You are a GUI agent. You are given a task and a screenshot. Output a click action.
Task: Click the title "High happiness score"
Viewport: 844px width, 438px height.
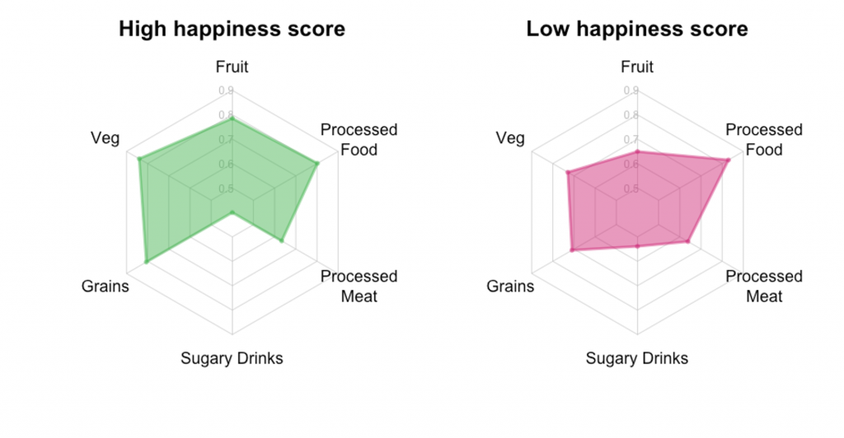tap(232, 30)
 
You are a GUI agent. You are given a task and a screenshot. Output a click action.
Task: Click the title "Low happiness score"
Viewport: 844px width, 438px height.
tap(637, 30)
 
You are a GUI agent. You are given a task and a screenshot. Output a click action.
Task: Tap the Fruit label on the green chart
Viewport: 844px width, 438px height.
tap(232, 68)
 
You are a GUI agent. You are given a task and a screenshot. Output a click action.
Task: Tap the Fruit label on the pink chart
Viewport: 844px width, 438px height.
tap(637, 68)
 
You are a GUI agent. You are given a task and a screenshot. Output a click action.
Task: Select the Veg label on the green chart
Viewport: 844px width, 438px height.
tap(105, 137)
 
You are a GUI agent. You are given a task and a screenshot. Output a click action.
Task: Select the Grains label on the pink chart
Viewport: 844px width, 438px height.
tap(510, 287)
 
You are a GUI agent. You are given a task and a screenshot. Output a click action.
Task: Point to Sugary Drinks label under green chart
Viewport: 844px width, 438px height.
tap(232, 358)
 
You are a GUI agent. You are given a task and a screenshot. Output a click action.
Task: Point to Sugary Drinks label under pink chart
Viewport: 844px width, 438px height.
tap(637, 358)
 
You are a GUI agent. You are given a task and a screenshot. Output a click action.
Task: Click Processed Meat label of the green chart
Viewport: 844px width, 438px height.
tap(359, 286)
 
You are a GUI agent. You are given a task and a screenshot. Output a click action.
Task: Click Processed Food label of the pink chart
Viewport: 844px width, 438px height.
tap(764, 140)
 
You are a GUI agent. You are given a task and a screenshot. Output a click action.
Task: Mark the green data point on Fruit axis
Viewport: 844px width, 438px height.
tap(232, 119)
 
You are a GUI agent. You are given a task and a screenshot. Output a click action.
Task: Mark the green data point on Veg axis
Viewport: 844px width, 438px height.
tap(140, 158)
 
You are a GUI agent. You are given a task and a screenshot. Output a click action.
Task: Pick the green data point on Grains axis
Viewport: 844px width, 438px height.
tap(147, 261)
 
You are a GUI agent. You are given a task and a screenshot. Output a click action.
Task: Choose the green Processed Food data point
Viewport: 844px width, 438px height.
tap(316, 163)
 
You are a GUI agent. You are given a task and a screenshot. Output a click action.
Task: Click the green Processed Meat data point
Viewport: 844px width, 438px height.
tap(281, 240)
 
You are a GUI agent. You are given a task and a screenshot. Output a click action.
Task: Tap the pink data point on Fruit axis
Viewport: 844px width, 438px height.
tap(637, 152)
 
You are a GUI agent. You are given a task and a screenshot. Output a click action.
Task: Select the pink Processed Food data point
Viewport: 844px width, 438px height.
tap(726, 161)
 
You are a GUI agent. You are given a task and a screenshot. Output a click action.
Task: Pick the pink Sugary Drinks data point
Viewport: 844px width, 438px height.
tap(637, 246)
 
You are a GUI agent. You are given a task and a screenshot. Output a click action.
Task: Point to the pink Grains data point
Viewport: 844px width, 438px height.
tap(572, 249)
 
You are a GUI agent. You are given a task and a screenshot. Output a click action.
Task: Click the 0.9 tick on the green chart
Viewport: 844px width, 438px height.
tap(225, 91)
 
